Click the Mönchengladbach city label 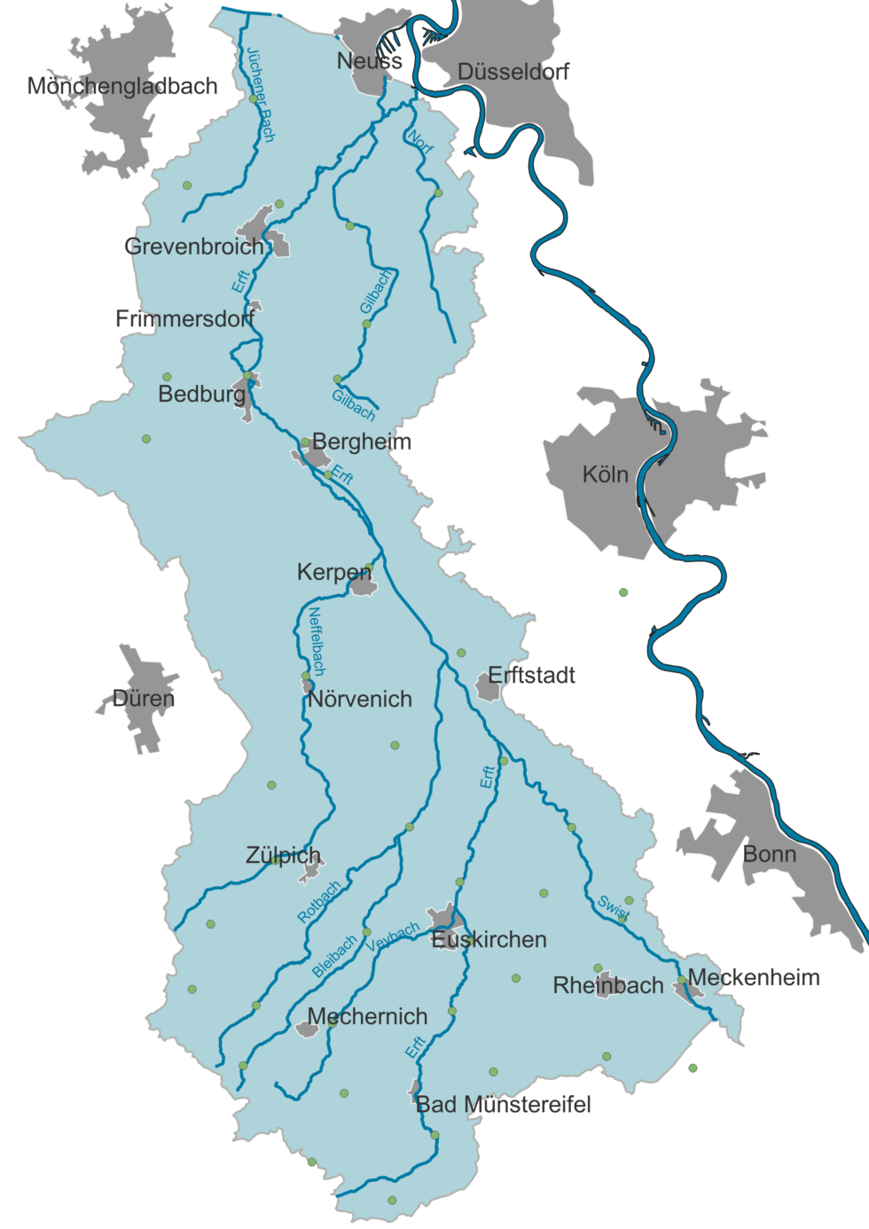click(x=122, y=86)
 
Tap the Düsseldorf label click(x=513, y=72)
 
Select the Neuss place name click(x=369, y=61)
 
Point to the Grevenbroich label click(x=194, y=247)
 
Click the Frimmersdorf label click(x=184, y=319)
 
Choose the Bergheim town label click(x=362, y=442)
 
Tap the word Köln click(x=605, y=475)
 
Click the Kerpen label click(x=333, y=573)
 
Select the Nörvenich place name click(x=360, y=700)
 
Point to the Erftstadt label click(x=531, y=676)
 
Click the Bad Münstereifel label click(x=503, y=1105)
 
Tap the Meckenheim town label click(x=754, y=978)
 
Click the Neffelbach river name click(x=317, y=641)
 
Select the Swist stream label click(x=613, y=907)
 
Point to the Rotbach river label click(x=318, y=902)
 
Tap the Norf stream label click(x=420, y=141)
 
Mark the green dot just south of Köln click(x=623, y=592)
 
